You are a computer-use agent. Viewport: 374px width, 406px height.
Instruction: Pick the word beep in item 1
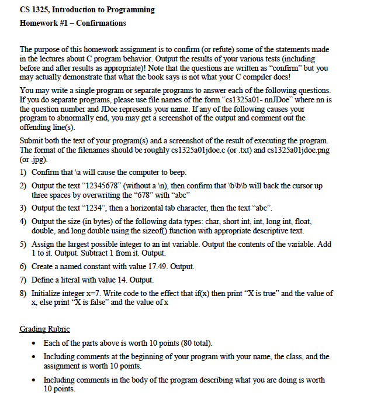(x=176, y=173)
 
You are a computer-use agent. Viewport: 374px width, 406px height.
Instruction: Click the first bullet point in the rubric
(x=37, y=343)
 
